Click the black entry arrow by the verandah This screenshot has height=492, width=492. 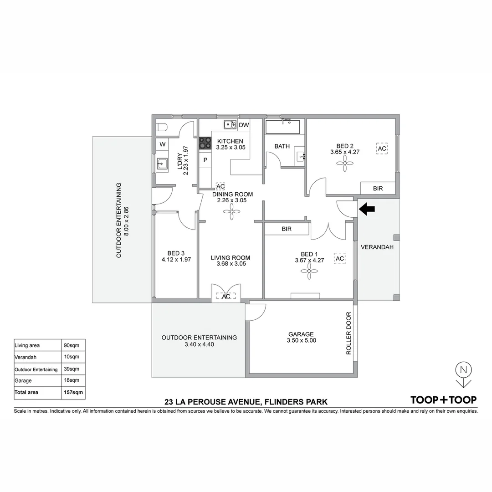367,209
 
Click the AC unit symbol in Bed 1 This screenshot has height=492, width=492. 339,259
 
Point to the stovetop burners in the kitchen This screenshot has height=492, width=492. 205,143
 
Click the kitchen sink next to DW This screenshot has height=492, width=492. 229,124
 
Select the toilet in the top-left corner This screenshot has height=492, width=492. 162,127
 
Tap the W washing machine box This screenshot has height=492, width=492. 162,145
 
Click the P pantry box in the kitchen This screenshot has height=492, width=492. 205,160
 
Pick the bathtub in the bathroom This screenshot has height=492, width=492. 283,127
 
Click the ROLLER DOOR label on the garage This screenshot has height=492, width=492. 349,333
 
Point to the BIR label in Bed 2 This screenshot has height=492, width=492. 378,188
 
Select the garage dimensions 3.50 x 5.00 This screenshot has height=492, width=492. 301,340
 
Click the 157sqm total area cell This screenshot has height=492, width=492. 73,392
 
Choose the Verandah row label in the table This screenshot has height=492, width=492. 26,357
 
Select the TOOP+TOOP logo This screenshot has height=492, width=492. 443,400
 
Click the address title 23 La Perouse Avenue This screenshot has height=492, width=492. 246,402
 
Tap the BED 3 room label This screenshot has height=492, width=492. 176,253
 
